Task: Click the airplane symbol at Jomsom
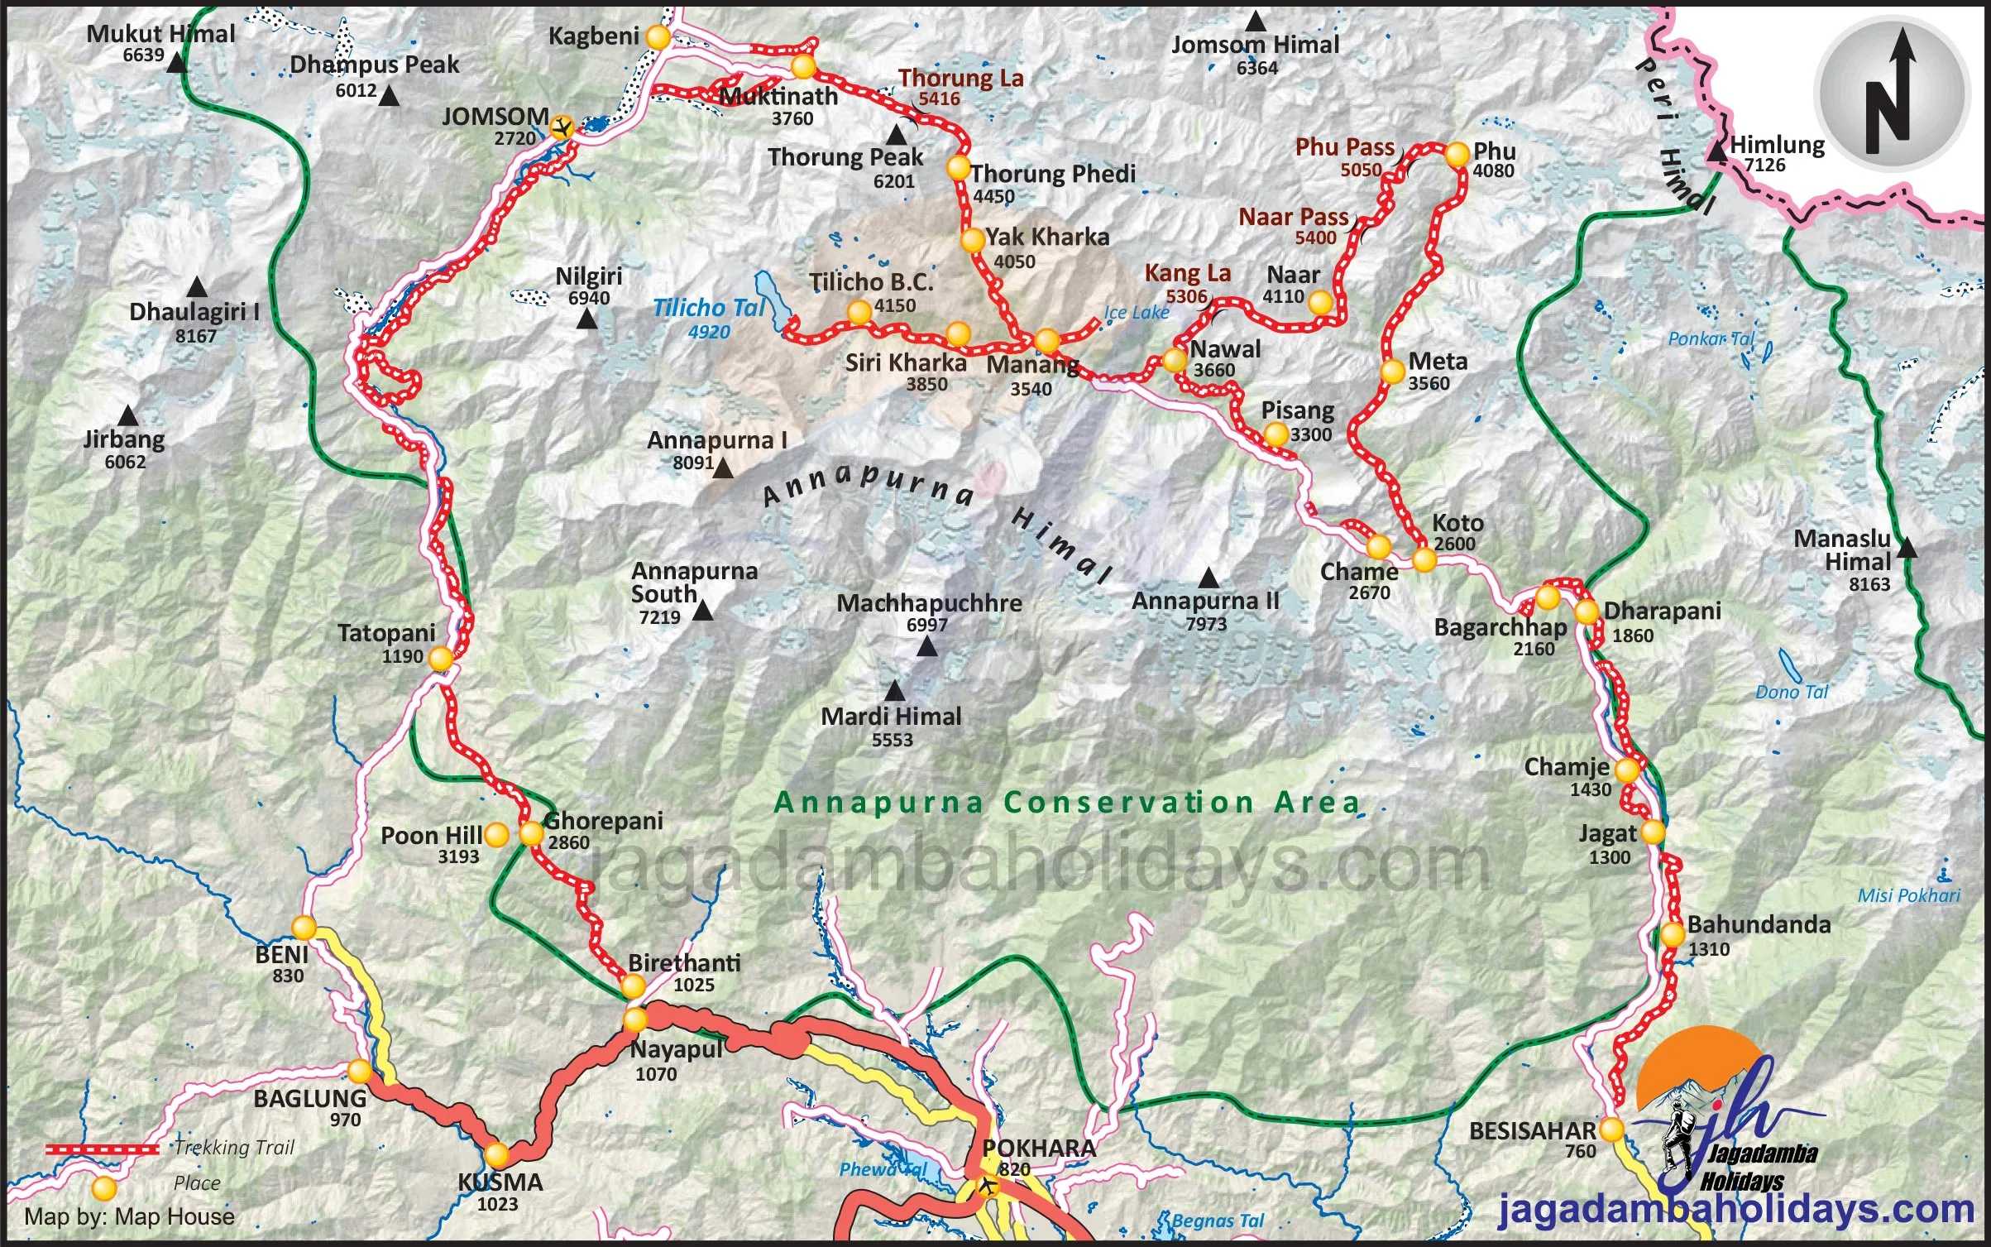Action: pyautogui.click(x=562, y=127)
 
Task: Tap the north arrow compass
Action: pyautogui.click(x=1889, y=94)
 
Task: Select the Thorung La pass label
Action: pyautogui.click(x=961, y=78)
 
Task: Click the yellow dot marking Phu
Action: pyautogui.click(x=1457, y=154)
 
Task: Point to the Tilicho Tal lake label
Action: pyautogui.click(x=709, y=309)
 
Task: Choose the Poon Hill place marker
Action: pyautogui.click(x=496, y=835)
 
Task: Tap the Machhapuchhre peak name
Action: pyautogui.click(x=929, y=603)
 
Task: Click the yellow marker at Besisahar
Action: pyautogui.click(x=1611, y=1129)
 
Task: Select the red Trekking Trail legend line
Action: pyautogui.click(x=102, y=1149)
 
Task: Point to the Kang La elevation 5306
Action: pyautogui.click(x=1186, y=296)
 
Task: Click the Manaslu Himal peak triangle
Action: pyautogui.click(x=1907, y=548)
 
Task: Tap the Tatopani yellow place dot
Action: pyautogui.click(x=440, y=659)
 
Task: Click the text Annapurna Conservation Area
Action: pyautogui.click(x=1067, y=803)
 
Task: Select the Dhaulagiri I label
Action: pyautogui.click(x=194, y=312)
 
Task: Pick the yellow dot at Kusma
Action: pyautogui.click(x=496, y=1154)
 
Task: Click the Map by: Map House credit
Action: pyautogui.click(x=129, y=1217)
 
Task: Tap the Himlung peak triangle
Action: pyautogui.click(x=1717, y=151)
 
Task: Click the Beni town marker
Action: pyautogui.click(x=304, y=927)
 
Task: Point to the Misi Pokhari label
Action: pyautogui.click(x=1908, y=895)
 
